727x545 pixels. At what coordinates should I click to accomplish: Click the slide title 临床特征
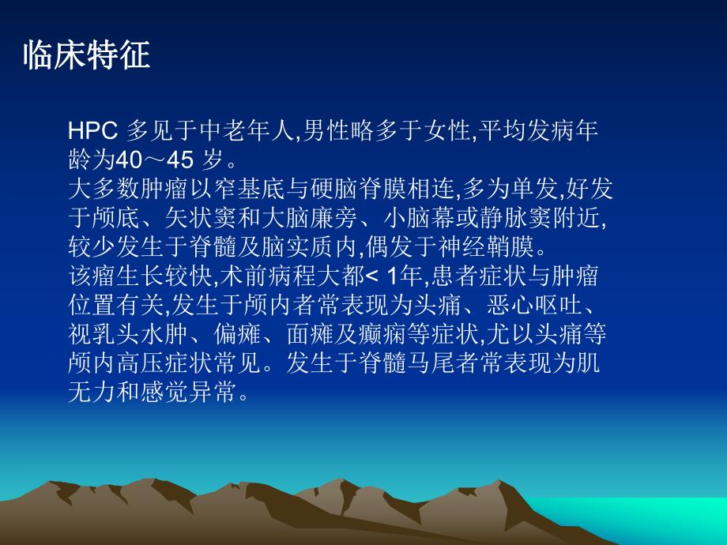pos(87,57)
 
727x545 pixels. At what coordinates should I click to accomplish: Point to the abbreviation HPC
pos(92,131)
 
